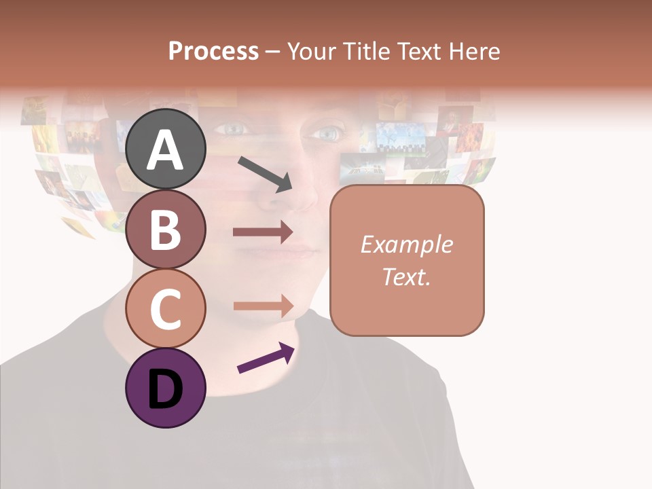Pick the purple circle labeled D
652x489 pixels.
166,388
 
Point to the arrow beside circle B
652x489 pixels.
263,232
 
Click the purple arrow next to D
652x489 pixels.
266,357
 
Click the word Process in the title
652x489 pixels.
213,51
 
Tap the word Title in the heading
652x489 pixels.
365,51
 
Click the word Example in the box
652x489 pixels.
406,244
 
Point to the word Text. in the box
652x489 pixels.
406,276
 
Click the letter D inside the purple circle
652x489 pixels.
166,389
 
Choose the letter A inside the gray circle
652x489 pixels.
166,150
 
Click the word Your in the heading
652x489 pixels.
309,51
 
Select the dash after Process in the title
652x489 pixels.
272,52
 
